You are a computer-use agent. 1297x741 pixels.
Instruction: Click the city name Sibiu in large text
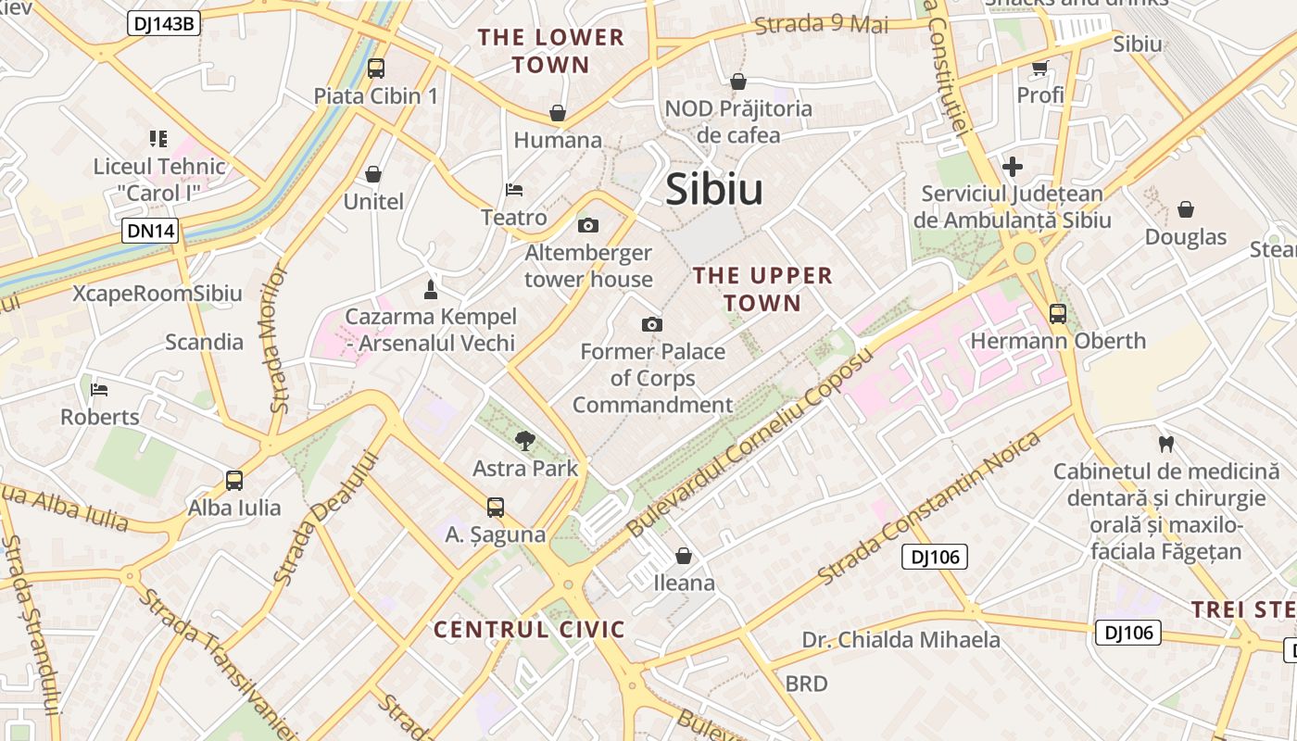[714, 190]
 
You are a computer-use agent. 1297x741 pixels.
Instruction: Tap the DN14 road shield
[149, 231]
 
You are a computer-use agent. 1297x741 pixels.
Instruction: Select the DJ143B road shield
[164, 23]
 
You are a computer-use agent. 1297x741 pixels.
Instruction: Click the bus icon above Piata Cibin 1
[375, 68]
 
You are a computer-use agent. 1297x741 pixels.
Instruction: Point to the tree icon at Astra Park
[525, 440]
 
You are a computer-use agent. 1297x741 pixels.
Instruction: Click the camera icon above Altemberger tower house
[587, 225]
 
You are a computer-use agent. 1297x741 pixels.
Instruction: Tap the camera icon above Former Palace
[652, 324]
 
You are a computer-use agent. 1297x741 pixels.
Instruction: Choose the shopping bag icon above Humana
[558, 113]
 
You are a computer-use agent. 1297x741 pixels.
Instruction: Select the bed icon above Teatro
[514, 190]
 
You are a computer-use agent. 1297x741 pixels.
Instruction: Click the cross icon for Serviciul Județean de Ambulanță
[1013, 167]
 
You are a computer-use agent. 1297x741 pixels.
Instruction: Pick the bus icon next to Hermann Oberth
[1057, 314]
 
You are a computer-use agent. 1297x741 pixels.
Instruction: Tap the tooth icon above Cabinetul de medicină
[1166, 444]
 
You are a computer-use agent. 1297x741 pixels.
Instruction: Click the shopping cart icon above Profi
[1039, 68]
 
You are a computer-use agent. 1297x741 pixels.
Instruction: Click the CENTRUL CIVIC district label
[529, 630]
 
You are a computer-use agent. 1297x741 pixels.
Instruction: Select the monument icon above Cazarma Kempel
[430, 289]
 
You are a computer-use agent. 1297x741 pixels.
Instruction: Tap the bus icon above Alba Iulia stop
[234, 481]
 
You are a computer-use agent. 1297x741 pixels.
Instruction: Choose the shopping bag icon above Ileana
[684, 555]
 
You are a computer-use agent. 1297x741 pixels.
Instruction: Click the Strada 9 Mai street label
[821, 23]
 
